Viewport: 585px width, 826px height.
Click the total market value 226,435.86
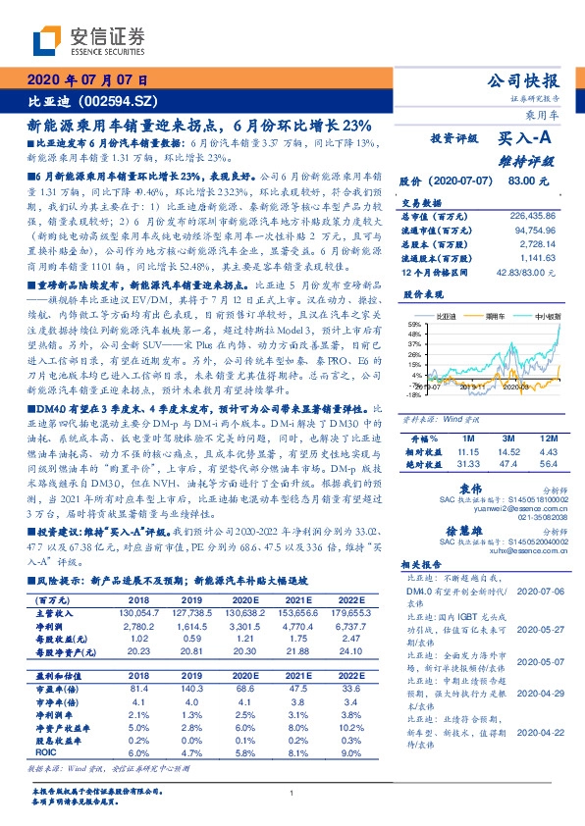click(x=528, y=215)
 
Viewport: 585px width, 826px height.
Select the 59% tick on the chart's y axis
click(x=416, y=324)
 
